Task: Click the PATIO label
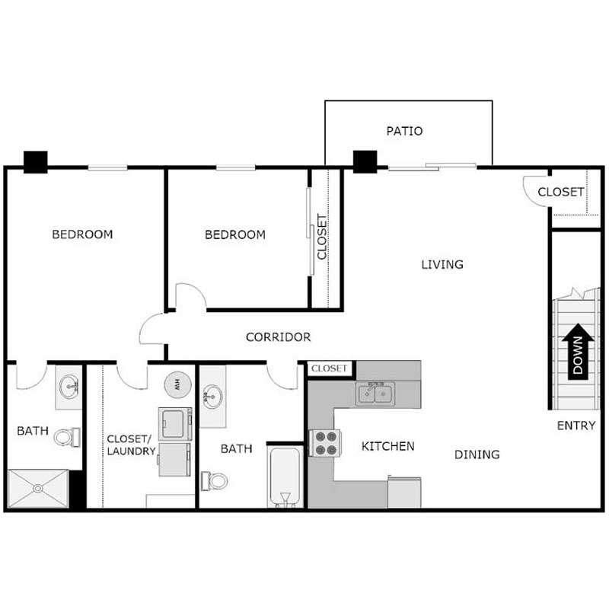(x=403, y=131)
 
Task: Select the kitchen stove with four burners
(x=323, y=443)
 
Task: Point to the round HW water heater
(x=178, y=383)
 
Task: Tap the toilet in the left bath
(x=69, y=437)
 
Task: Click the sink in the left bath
(x=71, y=387)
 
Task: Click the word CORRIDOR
(x=278, y=336)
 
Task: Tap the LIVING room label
(x=442, y=264)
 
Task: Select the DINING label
(x=477, y=454)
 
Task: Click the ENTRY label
(x=576, y=426)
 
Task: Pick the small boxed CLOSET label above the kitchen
(x=330, y=368)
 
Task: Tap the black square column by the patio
(x=365, y=161)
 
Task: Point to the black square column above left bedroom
(x=35, y=161)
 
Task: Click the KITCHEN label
(x=387, y=445)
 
